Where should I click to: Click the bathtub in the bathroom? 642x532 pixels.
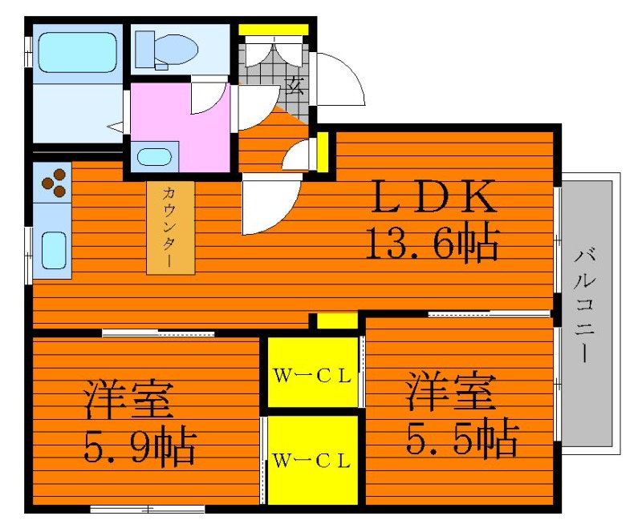(77, 52)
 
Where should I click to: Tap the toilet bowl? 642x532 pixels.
(175, 50)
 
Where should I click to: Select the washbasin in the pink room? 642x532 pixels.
(154, 157)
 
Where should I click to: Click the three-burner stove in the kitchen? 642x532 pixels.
(54, 183)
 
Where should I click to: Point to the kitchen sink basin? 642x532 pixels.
(54, 250)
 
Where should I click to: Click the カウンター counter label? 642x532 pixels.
(169, 227)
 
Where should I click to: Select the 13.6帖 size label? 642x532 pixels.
(433, 244)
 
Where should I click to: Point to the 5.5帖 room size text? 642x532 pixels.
(463, 437)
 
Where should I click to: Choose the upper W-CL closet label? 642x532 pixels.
(312, 376)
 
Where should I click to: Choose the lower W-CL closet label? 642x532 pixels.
(312, 461)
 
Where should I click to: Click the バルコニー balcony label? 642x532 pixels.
(585, 305)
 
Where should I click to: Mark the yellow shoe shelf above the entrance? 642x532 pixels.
(274, 30)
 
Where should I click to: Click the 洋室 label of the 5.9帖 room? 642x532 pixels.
(129, 399)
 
